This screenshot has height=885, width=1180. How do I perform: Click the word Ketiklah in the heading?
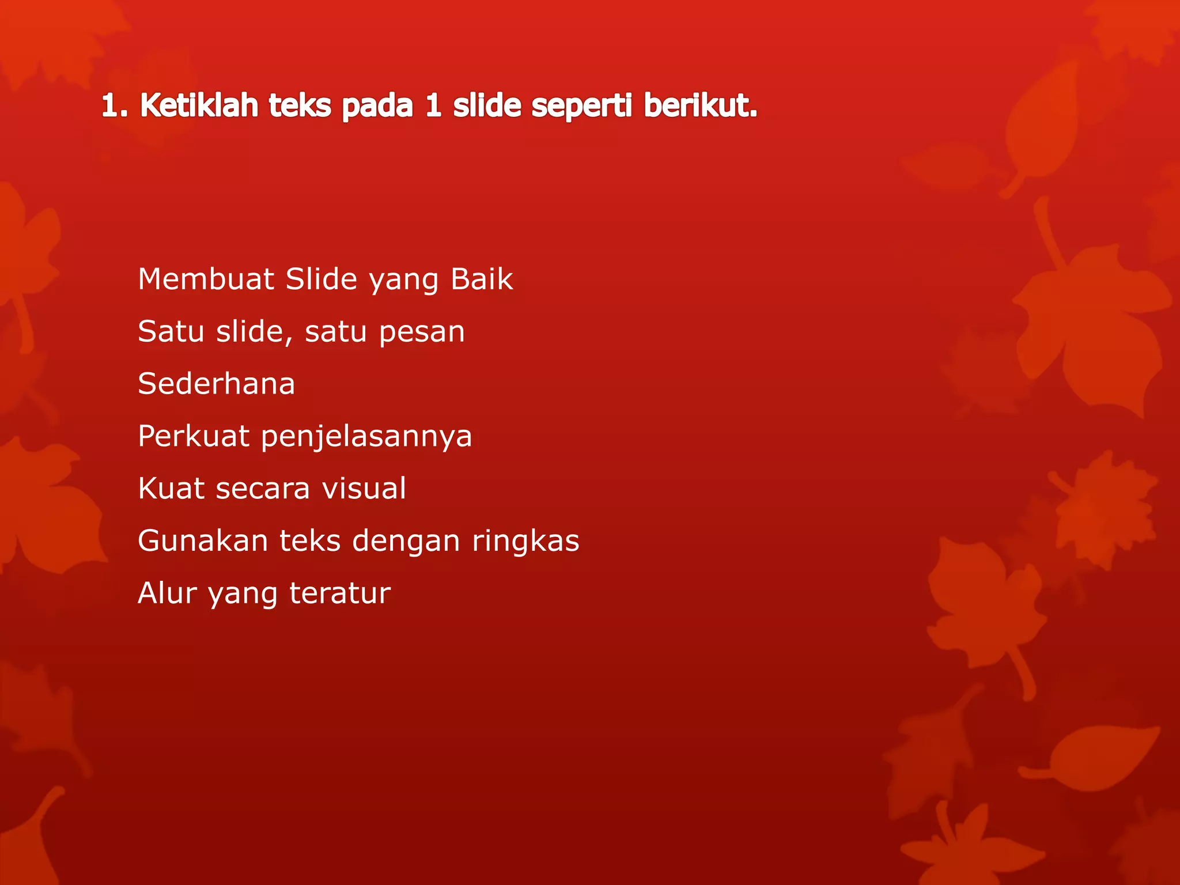199,106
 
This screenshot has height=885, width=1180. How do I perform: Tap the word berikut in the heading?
699,106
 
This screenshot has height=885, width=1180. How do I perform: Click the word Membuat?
206,279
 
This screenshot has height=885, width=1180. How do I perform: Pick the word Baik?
482,279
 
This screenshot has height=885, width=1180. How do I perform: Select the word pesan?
422,332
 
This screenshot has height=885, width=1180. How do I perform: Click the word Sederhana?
217,384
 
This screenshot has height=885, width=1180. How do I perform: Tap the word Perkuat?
194,436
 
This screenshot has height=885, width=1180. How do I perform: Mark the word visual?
364,488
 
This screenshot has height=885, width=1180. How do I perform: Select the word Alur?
167,593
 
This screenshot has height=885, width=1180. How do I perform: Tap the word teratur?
340,593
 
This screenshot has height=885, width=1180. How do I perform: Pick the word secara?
263,489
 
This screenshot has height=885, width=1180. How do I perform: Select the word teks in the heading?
300,106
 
